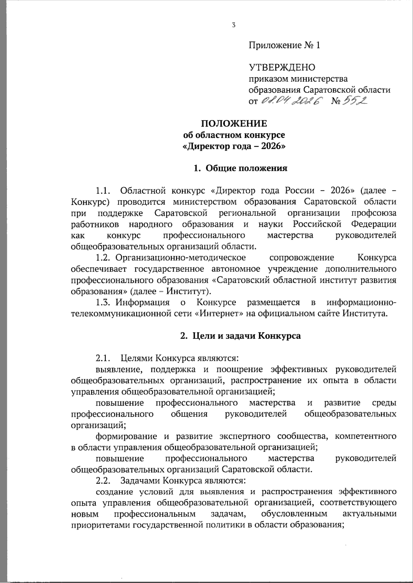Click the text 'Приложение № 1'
tap(285, 45)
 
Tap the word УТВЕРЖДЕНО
tap(282, 67)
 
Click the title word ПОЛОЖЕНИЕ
tap(234, 124)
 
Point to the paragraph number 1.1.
tap(104, 190)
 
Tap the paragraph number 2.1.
tap(103, 358)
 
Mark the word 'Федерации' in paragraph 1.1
tap(373, 224)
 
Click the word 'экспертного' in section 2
tap(244, 437)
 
